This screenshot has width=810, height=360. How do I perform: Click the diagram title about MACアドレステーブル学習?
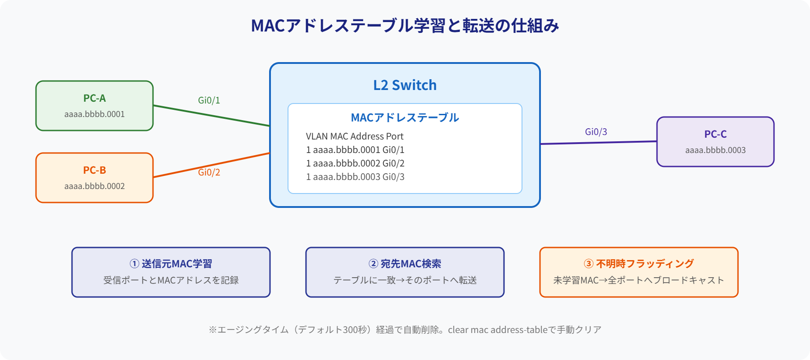405,26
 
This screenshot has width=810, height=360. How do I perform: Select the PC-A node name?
94,98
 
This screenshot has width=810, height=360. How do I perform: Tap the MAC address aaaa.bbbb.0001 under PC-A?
94,114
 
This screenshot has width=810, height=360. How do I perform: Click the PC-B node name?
94,170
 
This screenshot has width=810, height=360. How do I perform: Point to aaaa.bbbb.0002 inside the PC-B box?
94,186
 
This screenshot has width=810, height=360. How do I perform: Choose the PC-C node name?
715,134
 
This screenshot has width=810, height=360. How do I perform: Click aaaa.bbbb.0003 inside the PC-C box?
715,150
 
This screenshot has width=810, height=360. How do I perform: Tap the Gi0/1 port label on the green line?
209,100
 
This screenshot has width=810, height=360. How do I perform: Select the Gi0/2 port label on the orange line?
209,172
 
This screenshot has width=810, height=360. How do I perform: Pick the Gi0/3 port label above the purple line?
596,132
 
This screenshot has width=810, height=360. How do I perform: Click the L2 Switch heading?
405,85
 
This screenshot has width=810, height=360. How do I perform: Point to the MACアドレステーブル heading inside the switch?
405,118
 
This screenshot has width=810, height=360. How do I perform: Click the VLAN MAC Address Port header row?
355,136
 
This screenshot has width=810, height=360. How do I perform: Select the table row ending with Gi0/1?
355,150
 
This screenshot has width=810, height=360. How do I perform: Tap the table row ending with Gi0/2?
355,163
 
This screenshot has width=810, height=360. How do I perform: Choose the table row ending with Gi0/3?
355,177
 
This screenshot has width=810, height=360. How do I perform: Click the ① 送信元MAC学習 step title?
171,264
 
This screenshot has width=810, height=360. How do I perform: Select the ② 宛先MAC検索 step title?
405,264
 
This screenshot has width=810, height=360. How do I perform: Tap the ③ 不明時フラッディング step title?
639,264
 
